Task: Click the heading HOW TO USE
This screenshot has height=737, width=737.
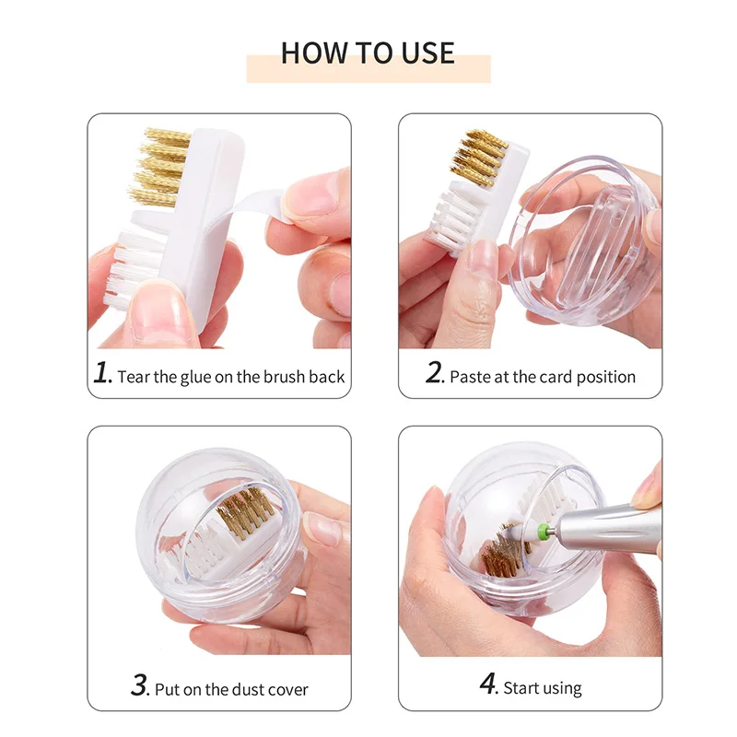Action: pos(368,53)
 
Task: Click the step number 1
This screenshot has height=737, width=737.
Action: pos(102,373)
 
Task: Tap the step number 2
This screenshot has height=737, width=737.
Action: pos(434,373)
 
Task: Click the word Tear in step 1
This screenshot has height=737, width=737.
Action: pos(134,376)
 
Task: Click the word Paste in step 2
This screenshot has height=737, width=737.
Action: pos(469,376)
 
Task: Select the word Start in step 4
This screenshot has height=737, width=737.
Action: pos(523,687)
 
